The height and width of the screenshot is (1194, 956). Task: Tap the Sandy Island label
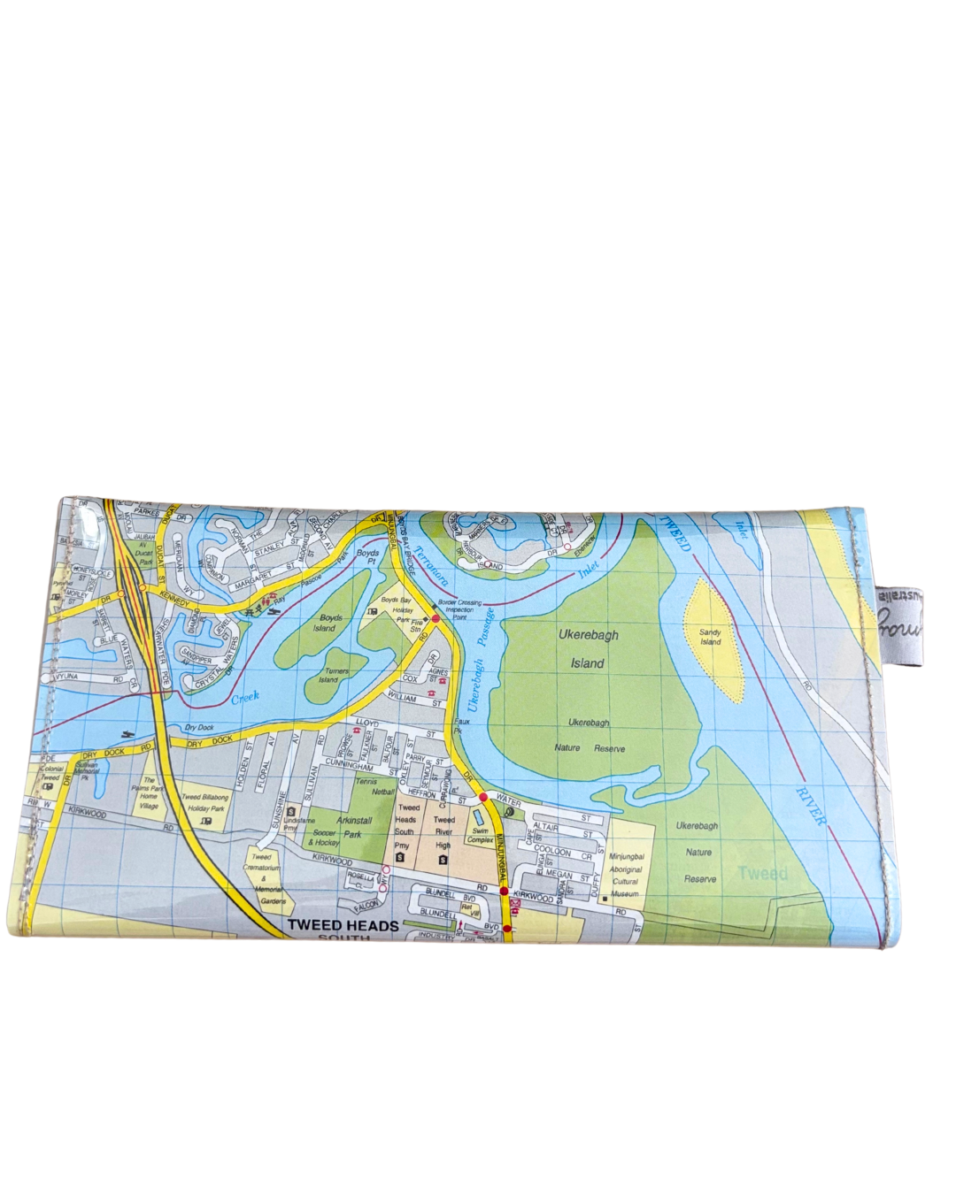tap(710, 637)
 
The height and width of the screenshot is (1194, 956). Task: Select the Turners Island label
tap(334, 676)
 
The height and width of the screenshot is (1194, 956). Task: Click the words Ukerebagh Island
tap(589, 648)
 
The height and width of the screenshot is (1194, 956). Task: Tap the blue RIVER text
tap(810, 806)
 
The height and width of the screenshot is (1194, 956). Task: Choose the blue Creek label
tap(246, 698)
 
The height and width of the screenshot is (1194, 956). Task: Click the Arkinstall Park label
tap(354, 827)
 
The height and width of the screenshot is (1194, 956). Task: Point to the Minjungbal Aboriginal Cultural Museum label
tap(626, 875)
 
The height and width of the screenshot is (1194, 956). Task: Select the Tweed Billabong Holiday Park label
tap(204, 802)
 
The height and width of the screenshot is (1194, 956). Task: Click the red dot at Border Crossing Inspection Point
tap(436, 619)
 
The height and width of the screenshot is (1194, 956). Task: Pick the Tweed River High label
tap(443, 832)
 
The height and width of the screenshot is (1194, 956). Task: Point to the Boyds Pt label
tap(367, 557)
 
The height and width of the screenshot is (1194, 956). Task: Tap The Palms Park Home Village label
tap(148, 793)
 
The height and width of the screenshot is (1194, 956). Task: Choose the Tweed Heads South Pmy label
tap(405, 826)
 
